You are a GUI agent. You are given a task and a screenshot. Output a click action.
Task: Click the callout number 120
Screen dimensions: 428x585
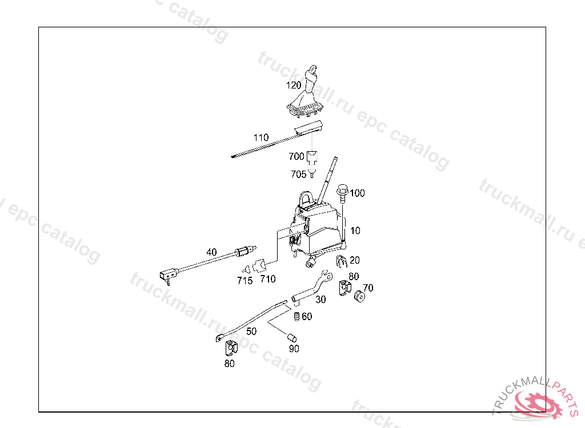293,85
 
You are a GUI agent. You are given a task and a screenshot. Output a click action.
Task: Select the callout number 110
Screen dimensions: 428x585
261,138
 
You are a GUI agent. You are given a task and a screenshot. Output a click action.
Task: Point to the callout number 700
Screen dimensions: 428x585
296,156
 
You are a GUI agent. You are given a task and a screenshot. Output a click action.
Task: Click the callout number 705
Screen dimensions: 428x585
298,174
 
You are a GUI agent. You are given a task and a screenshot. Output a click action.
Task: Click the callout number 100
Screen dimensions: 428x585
357,193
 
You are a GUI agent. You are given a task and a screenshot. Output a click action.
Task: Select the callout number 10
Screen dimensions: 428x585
355,231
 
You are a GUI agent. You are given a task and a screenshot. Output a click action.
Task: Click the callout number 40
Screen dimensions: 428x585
211,252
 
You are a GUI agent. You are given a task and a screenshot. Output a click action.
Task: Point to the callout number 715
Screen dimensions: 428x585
245,280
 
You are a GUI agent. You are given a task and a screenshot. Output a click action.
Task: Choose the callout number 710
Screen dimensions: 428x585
267,279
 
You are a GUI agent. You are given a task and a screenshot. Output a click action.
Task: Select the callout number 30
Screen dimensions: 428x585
320,299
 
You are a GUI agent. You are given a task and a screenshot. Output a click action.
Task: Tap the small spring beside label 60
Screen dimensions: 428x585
296,317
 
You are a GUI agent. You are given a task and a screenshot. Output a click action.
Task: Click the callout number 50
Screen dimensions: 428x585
251,331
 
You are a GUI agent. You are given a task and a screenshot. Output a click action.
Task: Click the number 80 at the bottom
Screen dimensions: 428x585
229,364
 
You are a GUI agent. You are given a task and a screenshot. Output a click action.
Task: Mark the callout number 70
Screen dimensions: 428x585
368,288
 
